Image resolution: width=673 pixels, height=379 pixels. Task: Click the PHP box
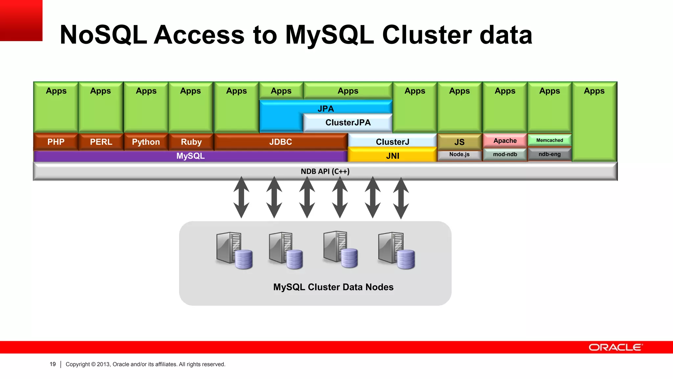point(56,142)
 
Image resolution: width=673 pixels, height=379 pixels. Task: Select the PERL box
point(101,142)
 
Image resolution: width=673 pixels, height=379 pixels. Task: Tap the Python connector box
point(146,142)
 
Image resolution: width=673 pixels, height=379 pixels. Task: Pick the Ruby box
point(191,142)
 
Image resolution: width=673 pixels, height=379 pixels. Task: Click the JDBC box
point(280,142)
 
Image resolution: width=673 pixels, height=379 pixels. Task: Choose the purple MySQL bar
point(190,156)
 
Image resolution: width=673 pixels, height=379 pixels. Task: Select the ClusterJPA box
point(348,123)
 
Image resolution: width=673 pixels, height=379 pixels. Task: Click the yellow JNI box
point(392,156)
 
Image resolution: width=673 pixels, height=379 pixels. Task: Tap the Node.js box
point(459,154)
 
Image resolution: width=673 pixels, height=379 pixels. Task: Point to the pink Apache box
point(505,140)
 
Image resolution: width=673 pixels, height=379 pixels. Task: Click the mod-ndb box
point(505,154)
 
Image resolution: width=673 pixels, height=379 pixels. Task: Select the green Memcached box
point(549,140)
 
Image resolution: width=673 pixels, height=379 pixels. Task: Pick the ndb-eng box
point(549,154)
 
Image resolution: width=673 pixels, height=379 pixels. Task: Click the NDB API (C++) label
point(325,171)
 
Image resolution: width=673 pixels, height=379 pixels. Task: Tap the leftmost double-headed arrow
point(241,197)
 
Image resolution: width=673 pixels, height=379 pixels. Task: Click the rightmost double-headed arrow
point(401,198)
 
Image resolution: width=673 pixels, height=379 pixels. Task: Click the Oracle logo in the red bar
point(615,347)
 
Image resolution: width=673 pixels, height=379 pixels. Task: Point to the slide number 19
point(53,364)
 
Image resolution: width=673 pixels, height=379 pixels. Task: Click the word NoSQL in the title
point(103,35)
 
